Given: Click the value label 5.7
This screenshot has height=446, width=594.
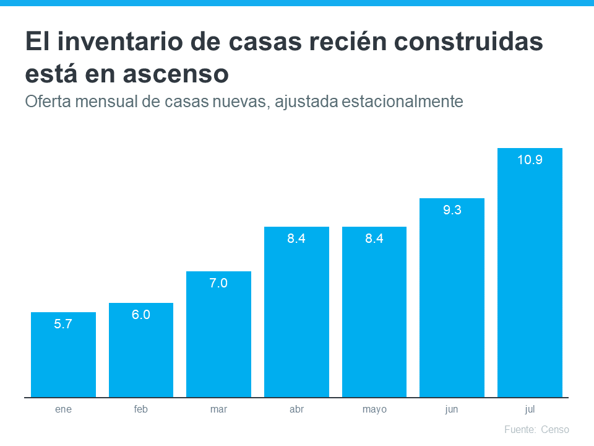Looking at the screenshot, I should click(63, 323).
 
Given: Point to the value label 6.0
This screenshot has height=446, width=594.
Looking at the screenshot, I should click(140, 314).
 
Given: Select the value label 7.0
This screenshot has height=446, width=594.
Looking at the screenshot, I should click(218, 283).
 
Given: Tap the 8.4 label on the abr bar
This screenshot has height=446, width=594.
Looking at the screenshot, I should click(296, 238).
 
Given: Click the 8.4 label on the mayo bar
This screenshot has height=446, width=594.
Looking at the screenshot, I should click(374, 238).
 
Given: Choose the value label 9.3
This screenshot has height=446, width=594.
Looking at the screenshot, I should click(452, 210).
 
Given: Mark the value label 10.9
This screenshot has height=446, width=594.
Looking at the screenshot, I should click(530, 160).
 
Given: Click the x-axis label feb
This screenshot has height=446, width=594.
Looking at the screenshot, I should click(140, 409).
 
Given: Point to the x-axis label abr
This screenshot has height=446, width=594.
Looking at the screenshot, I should click(296, 409).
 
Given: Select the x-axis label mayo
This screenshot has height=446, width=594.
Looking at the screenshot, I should click(374, 409).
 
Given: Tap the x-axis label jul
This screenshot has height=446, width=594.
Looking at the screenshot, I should click(530, 409).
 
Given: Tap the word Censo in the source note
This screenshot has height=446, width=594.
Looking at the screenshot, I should click(554, 429).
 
